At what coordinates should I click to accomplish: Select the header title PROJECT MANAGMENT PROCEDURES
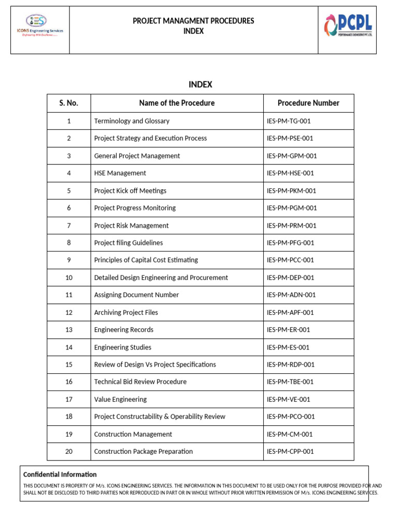pyautogui.click(x=193, y=21)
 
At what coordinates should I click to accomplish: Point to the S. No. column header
pyautogui.click(x=68, y=103)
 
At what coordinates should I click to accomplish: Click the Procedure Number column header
pyautogui.click(x=308, y=103)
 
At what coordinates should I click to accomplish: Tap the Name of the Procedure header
pyautogui.click(x=177, y=103)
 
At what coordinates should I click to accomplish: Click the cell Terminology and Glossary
pyautogui.click(x=132, y=121)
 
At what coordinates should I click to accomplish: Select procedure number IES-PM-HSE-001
pyautogui.click(x=290, y=173)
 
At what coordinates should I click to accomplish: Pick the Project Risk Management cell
pyautogui.click(x=131, y=226)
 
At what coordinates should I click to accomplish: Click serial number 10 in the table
pyautogui.click(x=68, y=277)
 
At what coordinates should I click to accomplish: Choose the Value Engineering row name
pyautogui.click(x=120, y=399)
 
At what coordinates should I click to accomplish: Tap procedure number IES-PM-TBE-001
pyautogui.click(x=290, y=382)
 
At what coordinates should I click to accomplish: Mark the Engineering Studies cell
pyautogui.click(x=123, y=347)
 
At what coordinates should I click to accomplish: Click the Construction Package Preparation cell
pyautogui.click(x=143, y=451)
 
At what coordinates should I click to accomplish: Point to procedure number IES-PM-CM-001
pyautogui.click(x=290, y=434)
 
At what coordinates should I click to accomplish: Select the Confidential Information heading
pyautogui.click(x=60, y=474)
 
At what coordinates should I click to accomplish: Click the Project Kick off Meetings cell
pyautogui.click(x=130, y=191)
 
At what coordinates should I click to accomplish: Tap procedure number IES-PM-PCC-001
pyautogui.click(x=290, y=260)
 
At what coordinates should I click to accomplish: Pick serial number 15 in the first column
pyautogui.click(x=68, y=365)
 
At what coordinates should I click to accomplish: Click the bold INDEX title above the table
pyautogui.click(x=200, y=85)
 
